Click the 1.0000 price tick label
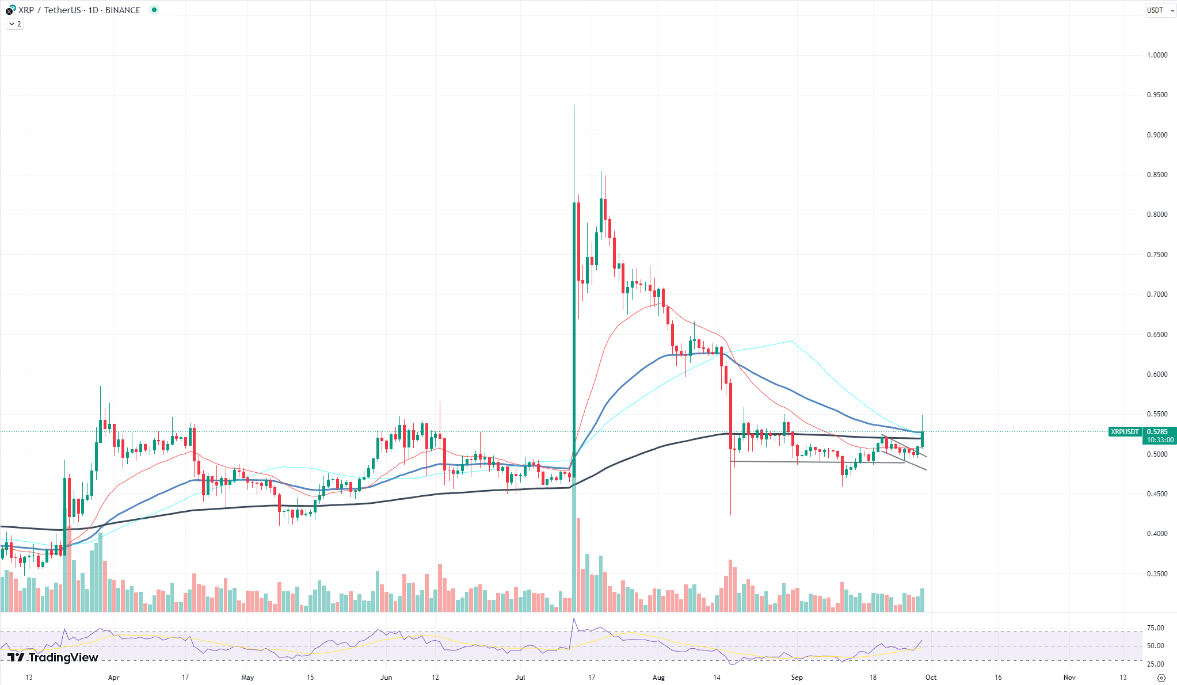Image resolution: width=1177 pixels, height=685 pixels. (x=1157, y=55)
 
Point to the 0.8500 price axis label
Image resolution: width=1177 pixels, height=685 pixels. (x=1157, y=175)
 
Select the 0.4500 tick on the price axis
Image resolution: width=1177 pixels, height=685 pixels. (x=1157, y=494)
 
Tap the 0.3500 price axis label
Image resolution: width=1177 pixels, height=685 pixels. (x=1157, y=574)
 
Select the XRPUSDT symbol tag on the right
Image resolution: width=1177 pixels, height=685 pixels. (x=1125, y=432)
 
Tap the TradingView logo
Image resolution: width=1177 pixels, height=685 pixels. (x=52, y=657)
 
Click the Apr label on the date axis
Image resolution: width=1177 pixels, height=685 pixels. (x=114, y=678)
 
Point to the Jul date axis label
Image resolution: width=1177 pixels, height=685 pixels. (x=520, y=678)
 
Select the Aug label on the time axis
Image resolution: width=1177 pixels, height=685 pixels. (x=659, y=678)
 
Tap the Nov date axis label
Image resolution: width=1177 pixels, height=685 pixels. (x=1069, y=678)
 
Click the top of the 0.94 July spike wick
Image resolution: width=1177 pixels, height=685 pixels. (x=574, y=105)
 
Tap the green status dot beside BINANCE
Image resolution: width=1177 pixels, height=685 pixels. (x=154, y=10)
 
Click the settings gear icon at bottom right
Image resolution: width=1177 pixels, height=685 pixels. (x=1161, y=678)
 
